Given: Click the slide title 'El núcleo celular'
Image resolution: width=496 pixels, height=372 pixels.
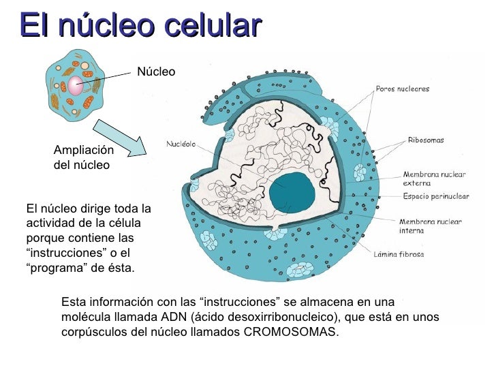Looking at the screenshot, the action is click(x=140, y=25).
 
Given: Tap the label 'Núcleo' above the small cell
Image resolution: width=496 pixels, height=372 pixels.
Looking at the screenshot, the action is click(x=156, y=72).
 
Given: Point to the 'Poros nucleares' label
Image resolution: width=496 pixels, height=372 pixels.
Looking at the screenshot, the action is click(x=403, y=89).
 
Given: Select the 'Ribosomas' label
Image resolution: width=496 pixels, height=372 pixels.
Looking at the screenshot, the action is click(x=426, y=140).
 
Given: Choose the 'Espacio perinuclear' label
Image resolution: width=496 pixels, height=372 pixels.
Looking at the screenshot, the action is click(x=435, y=196).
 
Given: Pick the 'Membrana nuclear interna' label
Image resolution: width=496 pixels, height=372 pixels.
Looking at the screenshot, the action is click(x=430, y=226).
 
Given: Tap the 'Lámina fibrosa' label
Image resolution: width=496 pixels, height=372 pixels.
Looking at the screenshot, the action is click(x=399, y=255).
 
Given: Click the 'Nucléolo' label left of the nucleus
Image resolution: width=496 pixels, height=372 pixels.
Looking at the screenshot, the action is click(x=182, y=144).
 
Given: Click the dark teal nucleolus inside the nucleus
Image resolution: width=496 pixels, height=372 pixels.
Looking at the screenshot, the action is click(x=292, y=191).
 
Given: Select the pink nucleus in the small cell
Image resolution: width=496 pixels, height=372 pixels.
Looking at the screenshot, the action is click(x=75, y=86).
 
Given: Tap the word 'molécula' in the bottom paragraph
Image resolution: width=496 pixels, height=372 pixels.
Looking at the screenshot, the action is click(x=84, y=318).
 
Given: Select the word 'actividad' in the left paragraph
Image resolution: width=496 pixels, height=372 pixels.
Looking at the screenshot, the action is click(x=47, y=223).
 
